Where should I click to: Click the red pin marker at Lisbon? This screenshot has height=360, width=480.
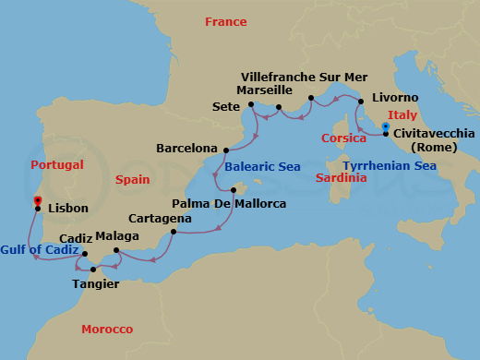[x=37, y=200]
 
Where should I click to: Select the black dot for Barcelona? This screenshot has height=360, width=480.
[x=226, y=148]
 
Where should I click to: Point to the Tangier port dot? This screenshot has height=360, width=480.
[x=93, y=270]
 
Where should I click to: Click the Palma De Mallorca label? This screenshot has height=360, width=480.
[x=229, y=203]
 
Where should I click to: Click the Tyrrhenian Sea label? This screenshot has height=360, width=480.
[x=389, y=166]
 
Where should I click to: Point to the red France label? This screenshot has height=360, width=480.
[x=226, y=21]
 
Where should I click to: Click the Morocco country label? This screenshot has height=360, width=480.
[x=107, y=330]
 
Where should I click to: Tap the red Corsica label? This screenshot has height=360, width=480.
[x=344, y=138]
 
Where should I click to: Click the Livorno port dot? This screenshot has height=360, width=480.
[x=361, y=99]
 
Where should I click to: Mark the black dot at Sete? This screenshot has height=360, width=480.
[x=251, y=105]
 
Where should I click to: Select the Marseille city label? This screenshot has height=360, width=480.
[x=264, y=90]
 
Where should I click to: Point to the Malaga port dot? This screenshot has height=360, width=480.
[x=115, y=251]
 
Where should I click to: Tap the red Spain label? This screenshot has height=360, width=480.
[x=133, y=182]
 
